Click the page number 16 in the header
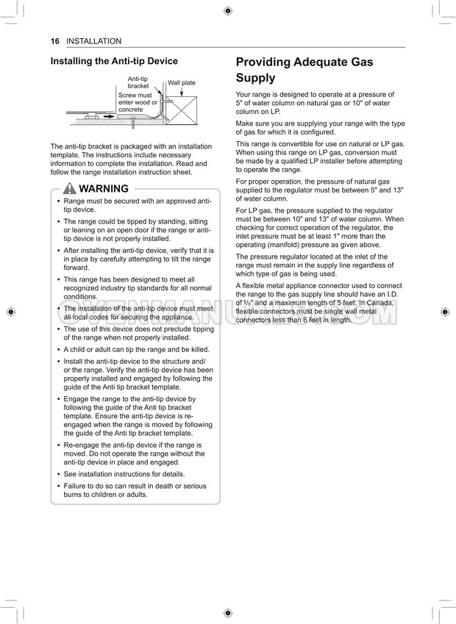pos(54,41)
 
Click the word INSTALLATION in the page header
pos(93,41)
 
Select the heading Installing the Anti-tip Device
pos(114,61)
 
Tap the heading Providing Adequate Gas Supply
pos(304,70)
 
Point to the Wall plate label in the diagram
pos(182,83)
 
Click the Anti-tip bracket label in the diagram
pos(138,82)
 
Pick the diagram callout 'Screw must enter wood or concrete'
pos(135,102)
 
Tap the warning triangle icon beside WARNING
pos(70,189)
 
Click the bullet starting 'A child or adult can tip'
pos(136,350)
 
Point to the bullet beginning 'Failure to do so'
pos(135,490)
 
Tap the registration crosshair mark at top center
pos(227,11)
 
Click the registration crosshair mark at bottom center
pos(227,612)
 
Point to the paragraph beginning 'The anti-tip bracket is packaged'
pos(130,159)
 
